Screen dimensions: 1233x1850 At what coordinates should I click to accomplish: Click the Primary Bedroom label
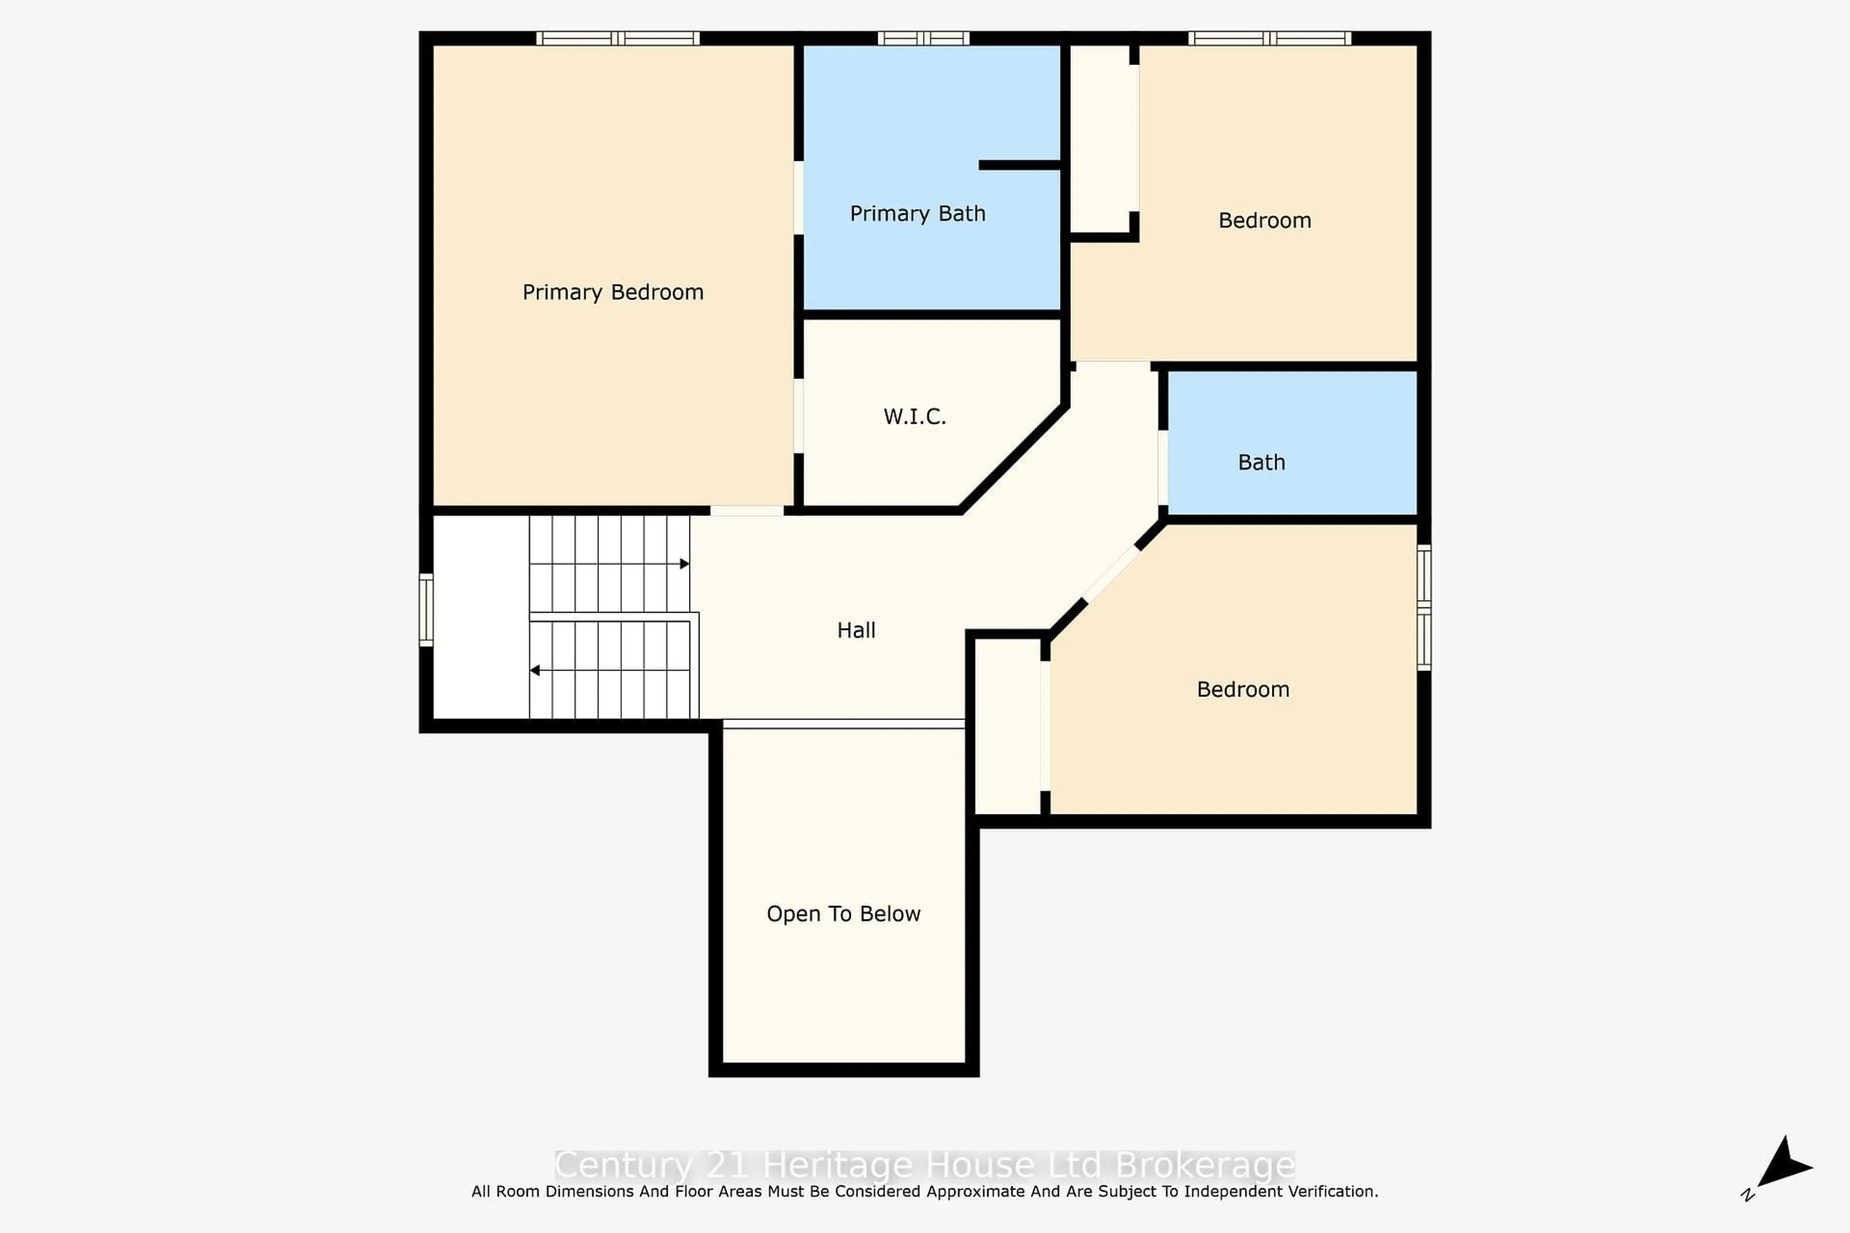613,292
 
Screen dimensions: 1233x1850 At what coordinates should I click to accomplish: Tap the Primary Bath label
917,214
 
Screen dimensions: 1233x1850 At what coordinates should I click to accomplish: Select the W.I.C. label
914,417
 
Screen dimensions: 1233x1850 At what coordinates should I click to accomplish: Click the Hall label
856,630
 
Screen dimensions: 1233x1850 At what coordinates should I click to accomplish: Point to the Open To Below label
843,914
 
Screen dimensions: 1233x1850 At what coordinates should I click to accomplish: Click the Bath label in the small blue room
1261,462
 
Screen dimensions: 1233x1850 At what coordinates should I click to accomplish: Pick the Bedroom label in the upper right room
1264,221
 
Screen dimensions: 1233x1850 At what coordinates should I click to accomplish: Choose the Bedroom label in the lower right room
1243,690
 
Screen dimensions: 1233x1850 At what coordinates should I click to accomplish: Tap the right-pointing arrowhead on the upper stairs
684,564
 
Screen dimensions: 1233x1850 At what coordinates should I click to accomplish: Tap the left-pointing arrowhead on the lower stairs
535,671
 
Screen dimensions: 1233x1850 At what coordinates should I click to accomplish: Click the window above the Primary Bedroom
618,38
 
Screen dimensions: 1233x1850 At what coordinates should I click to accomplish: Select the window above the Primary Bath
924,38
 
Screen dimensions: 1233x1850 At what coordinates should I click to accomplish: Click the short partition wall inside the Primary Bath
1019,165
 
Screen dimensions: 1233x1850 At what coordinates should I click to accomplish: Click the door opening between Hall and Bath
1163,467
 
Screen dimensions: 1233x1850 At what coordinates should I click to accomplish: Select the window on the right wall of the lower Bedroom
1424,607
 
